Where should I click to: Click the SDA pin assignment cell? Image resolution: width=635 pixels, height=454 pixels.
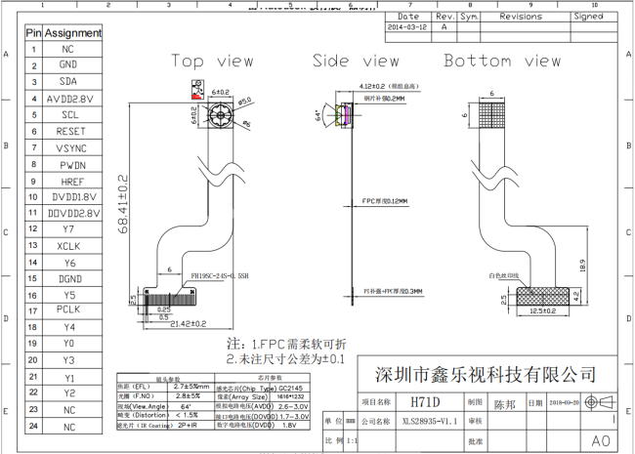pos(67,81)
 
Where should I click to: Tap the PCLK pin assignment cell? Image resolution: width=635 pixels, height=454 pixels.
pos(67,310)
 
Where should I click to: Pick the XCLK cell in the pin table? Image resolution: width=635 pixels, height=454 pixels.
pos(67,246)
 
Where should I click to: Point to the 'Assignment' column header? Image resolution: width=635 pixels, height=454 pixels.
pos(73,32)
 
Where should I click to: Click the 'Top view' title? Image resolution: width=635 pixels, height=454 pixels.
pos(212,61)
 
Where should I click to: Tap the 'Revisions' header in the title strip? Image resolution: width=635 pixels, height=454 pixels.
pos(520,17)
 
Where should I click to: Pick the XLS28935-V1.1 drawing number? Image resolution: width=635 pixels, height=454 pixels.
pos(420,421)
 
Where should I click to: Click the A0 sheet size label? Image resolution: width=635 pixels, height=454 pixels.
pos(601,440)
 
